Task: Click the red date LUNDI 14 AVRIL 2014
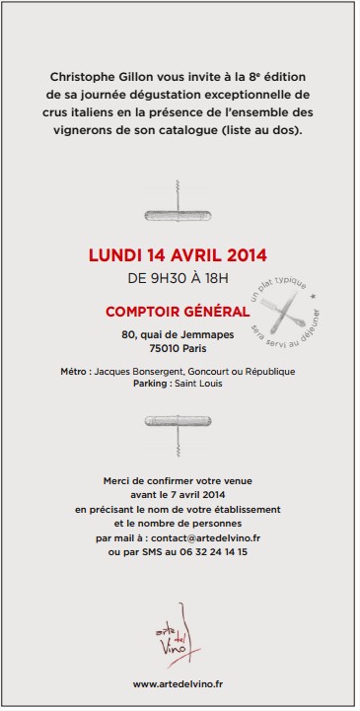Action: pyautogui.click(x=178, y=255)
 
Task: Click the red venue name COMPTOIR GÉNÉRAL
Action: pyautogui.click(x=178, y=312)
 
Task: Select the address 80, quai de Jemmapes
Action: pyautogui.click(x=178, y=335)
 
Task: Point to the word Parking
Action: pyautogui.click(x=151, y=384)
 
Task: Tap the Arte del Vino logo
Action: pyautogui.click(x=177, y=631)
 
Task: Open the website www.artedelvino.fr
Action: pyautogui.click(x=178, y=683)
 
